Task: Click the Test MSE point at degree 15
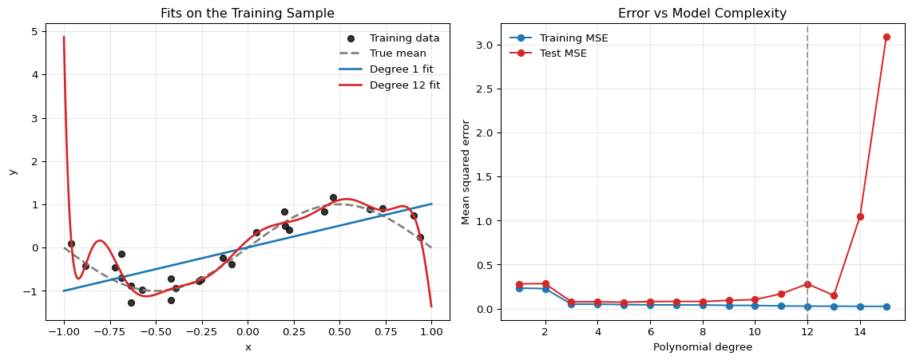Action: pyautogui.click(x=886, y=37)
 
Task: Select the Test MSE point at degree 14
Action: pyautogui.click(x=860, y=216)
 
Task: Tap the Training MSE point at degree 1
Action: pyautogui.click(x=518, y=288)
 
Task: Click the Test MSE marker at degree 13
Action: pyautogui.click(x=834, y=295)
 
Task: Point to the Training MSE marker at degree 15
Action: pyautogui.click(x=886, y=307)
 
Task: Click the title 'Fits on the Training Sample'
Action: pyautogui.click(x=248, y=14)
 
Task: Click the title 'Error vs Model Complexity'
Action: pyautogui.click(x=702, y=14)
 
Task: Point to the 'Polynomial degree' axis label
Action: pyautogui.click(x=702, y=347)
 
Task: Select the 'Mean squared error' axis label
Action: pyautogui.click(x=466, y=172)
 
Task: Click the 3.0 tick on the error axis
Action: pyautogui.click(x=485, y=45)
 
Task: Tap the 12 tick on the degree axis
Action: pyautogui.click(x=807, y=331)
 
